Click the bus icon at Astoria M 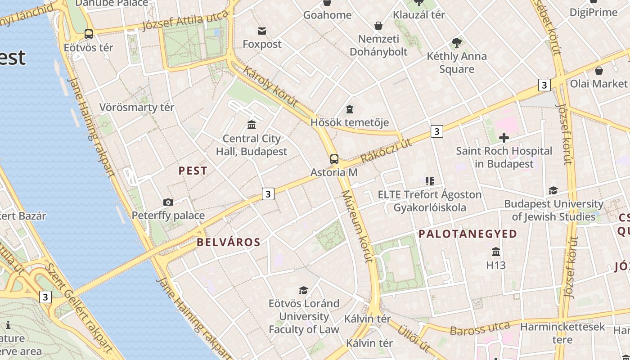[334, 159]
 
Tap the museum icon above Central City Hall [252, 125]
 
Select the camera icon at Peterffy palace [168, 202]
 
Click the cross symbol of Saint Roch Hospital [504, 137]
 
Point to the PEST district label [193, 171]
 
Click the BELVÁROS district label [229, 242]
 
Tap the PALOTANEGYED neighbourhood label [468, 234]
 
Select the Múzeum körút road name [358, 226]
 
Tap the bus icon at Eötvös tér [89, 34]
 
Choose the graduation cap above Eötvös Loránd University [304, 290]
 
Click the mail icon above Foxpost [262, 31]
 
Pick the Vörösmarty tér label [136, 107]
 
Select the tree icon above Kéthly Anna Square [457, 43]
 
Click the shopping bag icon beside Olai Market [598, 71]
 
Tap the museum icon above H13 [496, 252]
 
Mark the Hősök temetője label [350, 122]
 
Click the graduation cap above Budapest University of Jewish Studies [553, 190]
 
